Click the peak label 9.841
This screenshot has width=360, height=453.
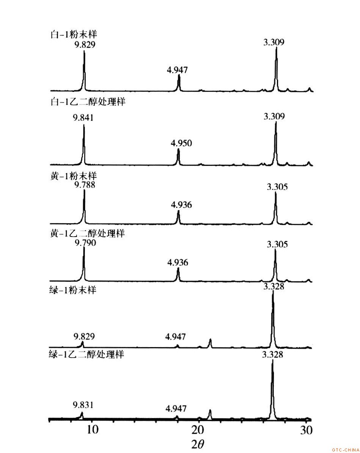(x=83, y=118)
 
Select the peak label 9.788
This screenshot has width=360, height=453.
(x=85, y=185)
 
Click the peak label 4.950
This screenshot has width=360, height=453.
(x=182, y=143)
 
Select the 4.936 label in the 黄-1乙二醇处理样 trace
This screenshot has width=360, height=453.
(x=178, y=263)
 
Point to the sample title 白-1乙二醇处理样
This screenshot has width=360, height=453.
(x=88, y=103)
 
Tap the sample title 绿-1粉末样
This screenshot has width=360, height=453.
(x=72, y=291)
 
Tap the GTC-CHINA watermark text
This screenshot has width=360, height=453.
(x=345, y=450)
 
